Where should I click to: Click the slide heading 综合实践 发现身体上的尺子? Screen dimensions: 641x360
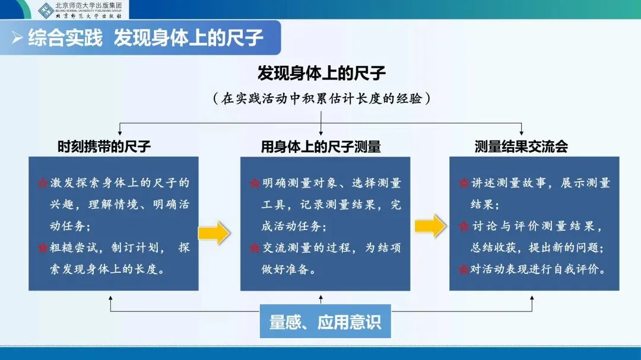pos(146,38)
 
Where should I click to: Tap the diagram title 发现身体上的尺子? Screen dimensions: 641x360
pos(321,74)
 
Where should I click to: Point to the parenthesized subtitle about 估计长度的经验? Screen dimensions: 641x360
pos(321,98)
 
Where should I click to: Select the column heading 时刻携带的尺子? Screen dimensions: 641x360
pos(104,146)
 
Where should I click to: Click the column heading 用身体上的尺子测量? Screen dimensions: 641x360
pos(321,146)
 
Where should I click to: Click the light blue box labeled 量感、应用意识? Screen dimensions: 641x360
pos(325,322)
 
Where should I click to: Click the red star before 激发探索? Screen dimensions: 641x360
pos(42,183)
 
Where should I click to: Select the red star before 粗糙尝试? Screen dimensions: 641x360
pos(42,248)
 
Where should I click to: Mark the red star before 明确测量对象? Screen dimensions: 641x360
pos(254,183)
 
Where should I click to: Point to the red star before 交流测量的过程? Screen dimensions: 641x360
pos(254,248)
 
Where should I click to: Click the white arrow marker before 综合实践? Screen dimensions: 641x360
pos(18,38)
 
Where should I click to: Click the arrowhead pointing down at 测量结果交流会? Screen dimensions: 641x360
pos(521,132)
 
